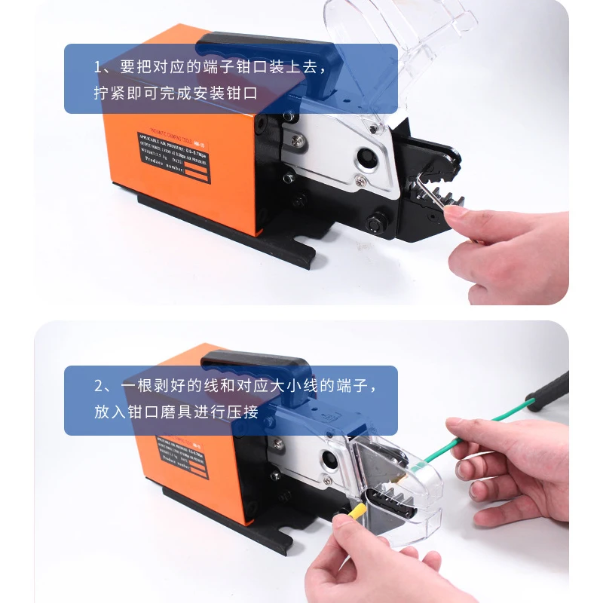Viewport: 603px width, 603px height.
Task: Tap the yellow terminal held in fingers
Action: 357,514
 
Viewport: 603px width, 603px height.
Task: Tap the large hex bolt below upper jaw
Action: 375,224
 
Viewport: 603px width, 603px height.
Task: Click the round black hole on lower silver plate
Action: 331,459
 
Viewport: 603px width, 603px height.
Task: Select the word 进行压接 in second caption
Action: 225,412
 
